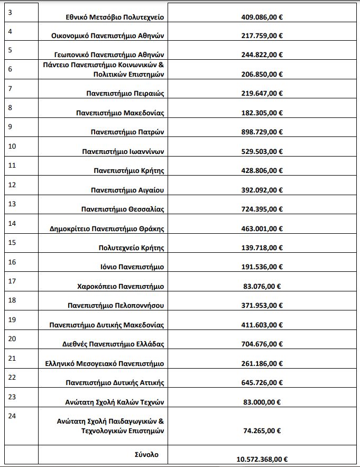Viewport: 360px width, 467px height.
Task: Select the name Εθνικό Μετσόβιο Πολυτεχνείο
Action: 113,17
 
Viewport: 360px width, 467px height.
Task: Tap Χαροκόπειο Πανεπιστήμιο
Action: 121,286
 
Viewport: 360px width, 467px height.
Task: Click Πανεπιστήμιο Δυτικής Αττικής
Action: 115,382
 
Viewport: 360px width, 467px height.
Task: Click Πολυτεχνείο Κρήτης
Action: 132,248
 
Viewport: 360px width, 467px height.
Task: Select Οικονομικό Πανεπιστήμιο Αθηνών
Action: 108,37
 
